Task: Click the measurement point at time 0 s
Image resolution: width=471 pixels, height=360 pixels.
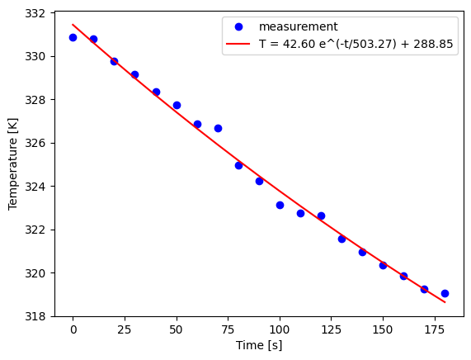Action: (73, 37)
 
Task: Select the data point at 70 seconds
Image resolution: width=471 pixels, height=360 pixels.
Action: (218, 128)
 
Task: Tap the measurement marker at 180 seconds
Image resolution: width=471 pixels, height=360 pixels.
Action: (445, 293)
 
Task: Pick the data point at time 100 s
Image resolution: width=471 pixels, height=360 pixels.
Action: (280, 205)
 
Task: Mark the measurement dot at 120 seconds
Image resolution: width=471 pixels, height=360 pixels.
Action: (321, 216)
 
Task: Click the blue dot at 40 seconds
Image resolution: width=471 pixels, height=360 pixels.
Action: (156, 92)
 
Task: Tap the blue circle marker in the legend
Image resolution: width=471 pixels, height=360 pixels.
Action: (242, 26)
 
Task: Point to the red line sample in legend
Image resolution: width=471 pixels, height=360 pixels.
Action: (242, 45)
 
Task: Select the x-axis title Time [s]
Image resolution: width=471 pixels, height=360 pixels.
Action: (259, 345)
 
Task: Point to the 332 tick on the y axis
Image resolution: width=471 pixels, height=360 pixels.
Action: (36, 13)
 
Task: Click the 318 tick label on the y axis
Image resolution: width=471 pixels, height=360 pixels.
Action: (36, 316)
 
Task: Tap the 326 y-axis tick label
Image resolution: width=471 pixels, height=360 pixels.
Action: (36, 143)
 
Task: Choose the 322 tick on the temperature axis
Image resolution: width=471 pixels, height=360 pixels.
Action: (36, 230)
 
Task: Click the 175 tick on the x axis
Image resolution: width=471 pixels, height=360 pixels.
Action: (434, 329)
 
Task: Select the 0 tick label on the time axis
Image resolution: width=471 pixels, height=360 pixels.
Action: (73, 329)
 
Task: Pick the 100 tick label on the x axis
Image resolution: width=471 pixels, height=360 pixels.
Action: (280, 329)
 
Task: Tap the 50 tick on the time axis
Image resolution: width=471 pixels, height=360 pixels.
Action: (177, 329)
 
